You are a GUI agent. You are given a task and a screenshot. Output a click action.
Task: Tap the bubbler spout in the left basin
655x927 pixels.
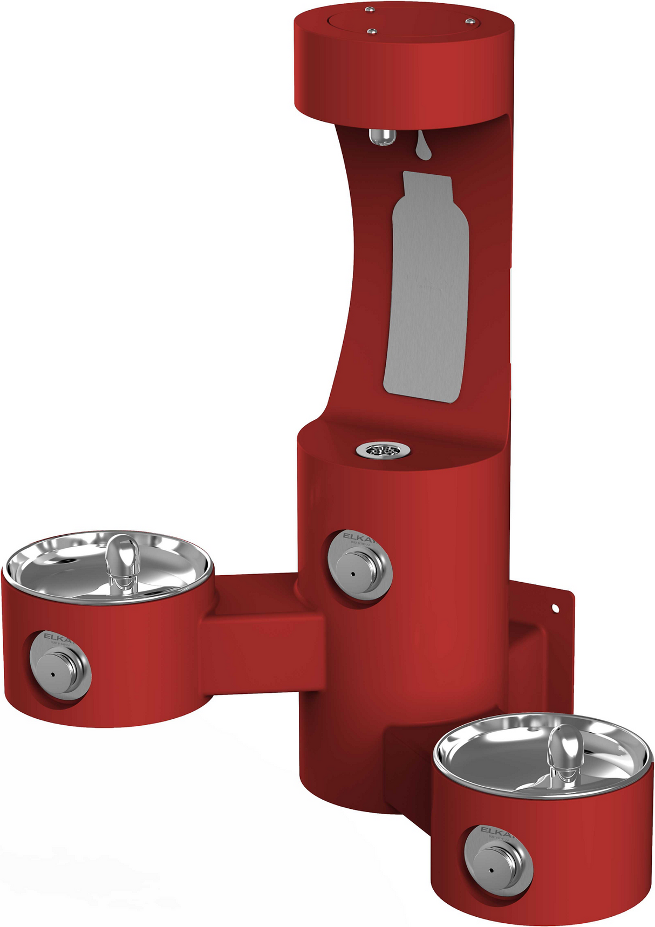pyautogui.click(x=123, y=561)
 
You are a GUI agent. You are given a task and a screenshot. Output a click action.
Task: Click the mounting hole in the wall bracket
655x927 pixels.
pyautogui.click(x=555, y=609)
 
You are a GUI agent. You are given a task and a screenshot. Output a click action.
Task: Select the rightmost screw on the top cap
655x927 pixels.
pyautogui.click(x=470, y=21)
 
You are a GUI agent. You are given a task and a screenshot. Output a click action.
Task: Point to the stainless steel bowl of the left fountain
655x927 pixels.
pyautogui.click(x=65, y=567)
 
